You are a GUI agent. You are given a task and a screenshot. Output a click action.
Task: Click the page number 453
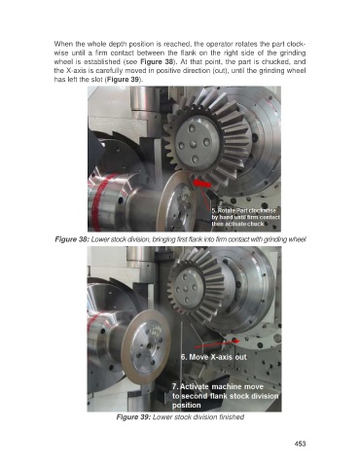point(300,444)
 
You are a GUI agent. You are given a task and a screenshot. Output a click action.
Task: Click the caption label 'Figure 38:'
point(72,239)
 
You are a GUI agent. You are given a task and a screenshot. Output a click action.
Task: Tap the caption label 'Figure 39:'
point(133,417)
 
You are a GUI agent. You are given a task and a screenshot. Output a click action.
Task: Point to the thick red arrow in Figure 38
point(201,184)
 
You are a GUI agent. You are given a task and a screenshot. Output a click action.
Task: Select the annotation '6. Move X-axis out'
point(214,357)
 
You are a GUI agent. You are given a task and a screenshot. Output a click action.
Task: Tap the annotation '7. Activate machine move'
point(218,386)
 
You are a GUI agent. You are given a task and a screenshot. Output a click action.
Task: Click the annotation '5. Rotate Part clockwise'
point(244,210)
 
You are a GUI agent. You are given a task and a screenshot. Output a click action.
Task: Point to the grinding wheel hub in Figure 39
point(150,346)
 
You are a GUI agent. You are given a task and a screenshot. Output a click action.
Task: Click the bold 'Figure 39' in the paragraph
point(124,80)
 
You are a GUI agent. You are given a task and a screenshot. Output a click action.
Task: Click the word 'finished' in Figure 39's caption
point(232,417)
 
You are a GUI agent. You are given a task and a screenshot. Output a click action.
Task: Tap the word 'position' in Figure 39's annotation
point(187,406)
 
